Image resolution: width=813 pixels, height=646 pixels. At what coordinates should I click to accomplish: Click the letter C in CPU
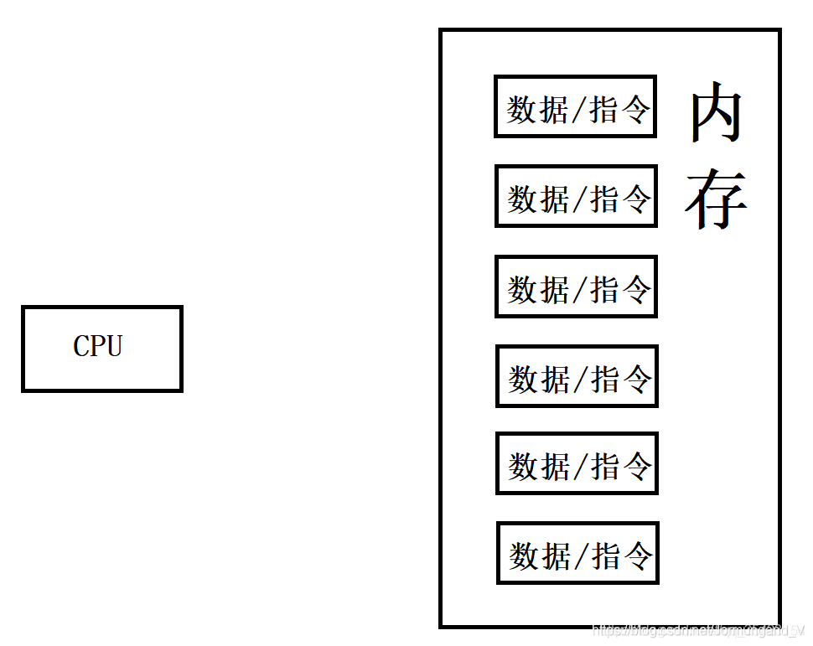click(81, 346)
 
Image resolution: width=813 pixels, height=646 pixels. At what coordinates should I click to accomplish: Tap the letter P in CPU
click(98, 346)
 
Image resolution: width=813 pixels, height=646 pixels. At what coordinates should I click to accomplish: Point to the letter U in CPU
click(114, 346)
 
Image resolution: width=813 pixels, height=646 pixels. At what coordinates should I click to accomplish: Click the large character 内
click(716, 112)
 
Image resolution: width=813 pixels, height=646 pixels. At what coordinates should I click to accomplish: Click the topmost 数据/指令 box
click(575, 106)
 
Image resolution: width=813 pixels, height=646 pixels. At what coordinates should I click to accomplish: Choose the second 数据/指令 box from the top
click(576, 196)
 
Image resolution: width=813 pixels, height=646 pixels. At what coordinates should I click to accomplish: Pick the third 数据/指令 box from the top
click(576, 287)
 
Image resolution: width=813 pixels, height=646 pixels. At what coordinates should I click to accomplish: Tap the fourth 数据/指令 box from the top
click(577, 376)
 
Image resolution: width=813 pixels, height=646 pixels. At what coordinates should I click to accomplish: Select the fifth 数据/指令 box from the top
click(577, 463)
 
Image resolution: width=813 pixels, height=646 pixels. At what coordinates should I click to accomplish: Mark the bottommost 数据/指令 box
click(577, 553)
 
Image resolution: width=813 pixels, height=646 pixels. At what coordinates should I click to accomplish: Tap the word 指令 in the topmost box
click(620, 109)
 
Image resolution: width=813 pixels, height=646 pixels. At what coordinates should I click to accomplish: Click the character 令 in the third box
click(637, 289)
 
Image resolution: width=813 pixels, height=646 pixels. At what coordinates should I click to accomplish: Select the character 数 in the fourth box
click(524, 379)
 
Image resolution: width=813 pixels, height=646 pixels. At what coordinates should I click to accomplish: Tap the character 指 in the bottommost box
click(608, 556)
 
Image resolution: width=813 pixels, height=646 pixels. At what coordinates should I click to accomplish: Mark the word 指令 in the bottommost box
click(623, 556)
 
